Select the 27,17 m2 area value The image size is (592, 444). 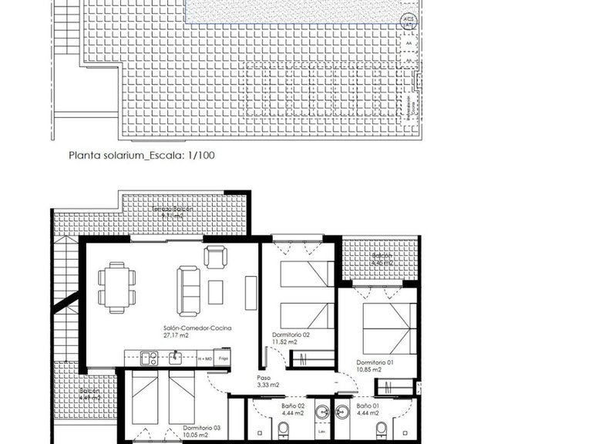(x=177, y=336)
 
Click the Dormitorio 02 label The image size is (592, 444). (x=291, y=334)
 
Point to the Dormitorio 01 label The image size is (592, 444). (x=375, y=362)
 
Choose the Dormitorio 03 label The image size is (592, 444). (x=202, y=428)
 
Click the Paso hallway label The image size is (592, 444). (x=264, y=378)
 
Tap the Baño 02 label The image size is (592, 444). (x=294, y=405)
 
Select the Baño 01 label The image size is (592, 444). (x=368, y=405)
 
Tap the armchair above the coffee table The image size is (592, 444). (x=215, y=255)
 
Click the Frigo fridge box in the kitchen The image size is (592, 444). (x=224, y=358)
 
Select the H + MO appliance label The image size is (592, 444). (x=205, y=358)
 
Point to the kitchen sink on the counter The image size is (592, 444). (x=176, y=357)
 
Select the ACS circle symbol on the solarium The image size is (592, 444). (x=409, y=20)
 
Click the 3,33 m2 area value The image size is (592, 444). (x=267, y=385)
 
